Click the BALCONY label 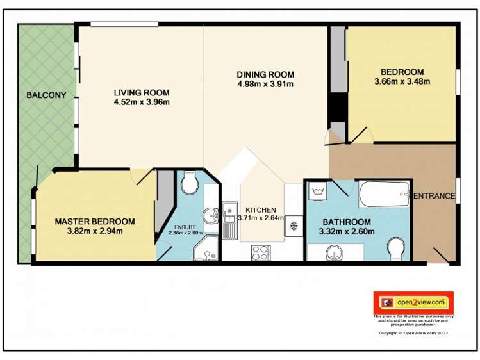(x=46, y=95)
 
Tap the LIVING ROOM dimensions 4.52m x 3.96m (x=141, y=102)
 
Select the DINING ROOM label (x=265, y=74)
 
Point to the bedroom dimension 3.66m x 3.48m (x=402, y=81)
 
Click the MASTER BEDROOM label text (x=94, y=222)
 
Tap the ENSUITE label (x=185, y=225)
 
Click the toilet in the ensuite (x=189, y=185)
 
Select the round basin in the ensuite (x=210, y=214)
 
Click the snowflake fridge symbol (x=294, y=226)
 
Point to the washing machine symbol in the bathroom (x=316, y=190)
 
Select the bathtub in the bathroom (x=384, y=195)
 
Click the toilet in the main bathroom (x=395, y=249)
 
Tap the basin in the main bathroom (x=332, y=254)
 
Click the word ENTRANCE (x=434, y=196)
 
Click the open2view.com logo (x=413, y=302)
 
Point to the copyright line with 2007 (x=413, y=333)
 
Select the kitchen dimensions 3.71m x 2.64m (x=261, y=218)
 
